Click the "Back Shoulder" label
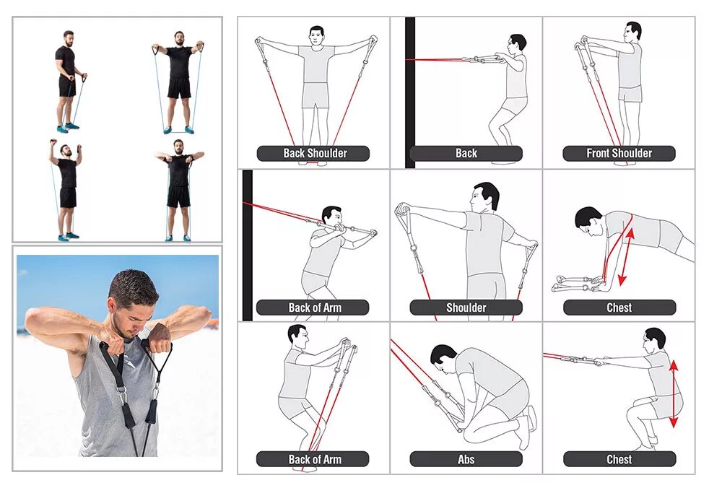coord(315,153)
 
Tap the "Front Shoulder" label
coord(619,153)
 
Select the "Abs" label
coord(466,459)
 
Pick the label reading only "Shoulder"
coord(466,307)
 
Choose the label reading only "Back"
coord(466,153)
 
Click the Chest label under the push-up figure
coord(619,307)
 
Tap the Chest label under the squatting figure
coord(619,459)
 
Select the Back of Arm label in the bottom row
coord(315,459)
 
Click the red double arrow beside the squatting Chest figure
coord(674,393)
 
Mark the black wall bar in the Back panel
coord(410,92)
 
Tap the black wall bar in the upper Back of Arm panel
coord(247,245)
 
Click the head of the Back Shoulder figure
coord(316,36)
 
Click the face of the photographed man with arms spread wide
coord(179,40)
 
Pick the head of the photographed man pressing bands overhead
coord(68,149)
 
